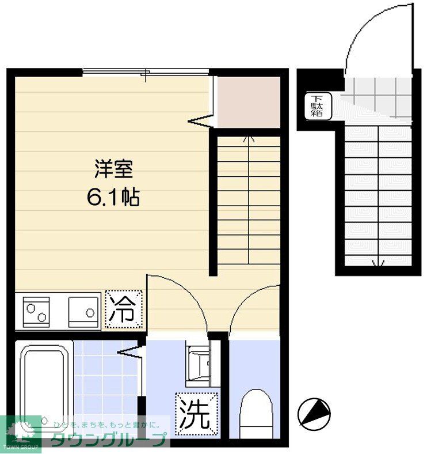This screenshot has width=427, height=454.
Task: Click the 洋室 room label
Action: [x=114, y=170]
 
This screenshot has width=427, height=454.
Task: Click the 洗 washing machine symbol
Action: [x=197, y=413]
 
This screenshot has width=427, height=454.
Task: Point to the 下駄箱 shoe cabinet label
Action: [x=317, y=106]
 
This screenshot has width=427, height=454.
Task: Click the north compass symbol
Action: [x=314, y=413]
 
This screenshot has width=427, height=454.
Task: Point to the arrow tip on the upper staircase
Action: [x=249, y=138]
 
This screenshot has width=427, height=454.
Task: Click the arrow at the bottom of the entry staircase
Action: [x=377, y=264]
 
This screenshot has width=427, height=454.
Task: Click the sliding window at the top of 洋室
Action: [x=146, y=72]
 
